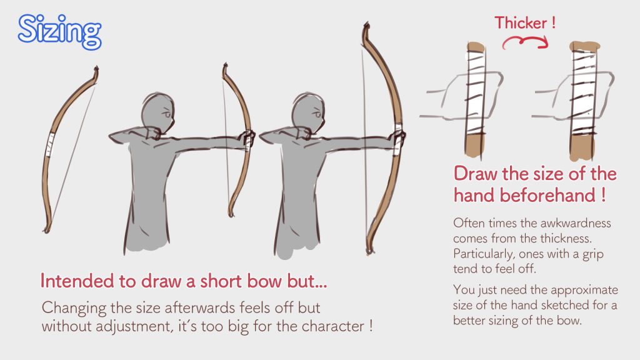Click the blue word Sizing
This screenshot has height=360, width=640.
point(59,31)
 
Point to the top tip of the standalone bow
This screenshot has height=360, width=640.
point(97,68)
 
